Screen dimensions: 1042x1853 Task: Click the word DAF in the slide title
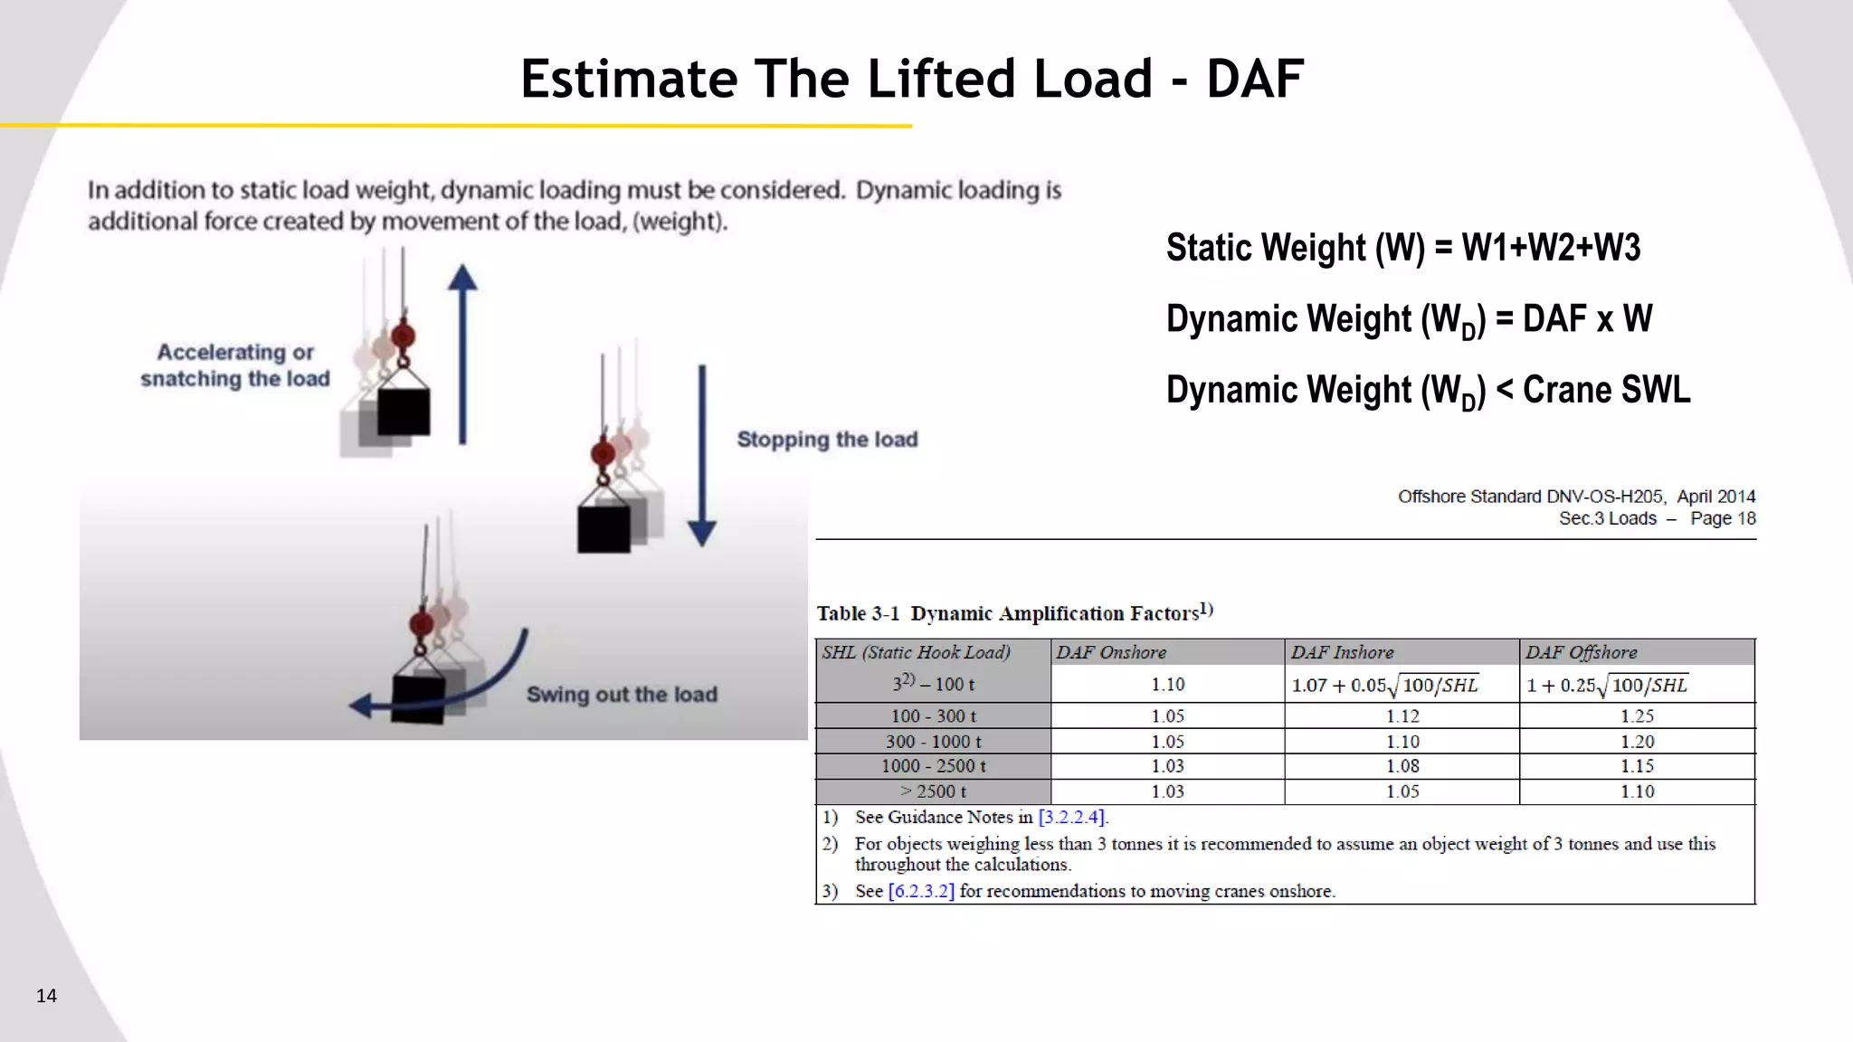coord(1255,79)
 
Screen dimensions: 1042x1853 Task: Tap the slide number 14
coord(46,996)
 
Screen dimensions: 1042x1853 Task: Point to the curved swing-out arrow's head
coord(362,706)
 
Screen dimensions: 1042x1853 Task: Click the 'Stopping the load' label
coord(827,440)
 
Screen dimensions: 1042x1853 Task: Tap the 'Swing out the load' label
coord(622,695)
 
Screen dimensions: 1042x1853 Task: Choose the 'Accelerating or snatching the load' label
coord(235,365)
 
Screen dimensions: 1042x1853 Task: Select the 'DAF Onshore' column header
coord(1111,652)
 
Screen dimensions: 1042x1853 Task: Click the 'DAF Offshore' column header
coord(1581,652)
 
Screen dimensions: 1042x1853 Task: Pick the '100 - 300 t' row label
coord(933,716)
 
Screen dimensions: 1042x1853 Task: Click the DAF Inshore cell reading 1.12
coord(1402,716)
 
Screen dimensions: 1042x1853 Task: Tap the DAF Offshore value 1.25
coord(1637,716)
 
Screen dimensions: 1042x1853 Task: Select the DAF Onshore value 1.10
coord(1167,685)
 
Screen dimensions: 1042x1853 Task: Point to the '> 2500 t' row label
coord(933,791)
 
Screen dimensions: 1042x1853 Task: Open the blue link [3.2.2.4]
coord(1071,818)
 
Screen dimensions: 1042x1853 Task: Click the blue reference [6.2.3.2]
coord(921,891)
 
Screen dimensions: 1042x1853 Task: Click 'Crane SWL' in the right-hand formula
coord(1606,391)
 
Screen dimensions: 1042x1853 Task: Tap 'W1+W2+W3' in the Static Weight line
coord(1551,248)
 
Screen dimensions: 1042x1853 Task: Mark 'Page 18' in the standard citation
coord(1723,518)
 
